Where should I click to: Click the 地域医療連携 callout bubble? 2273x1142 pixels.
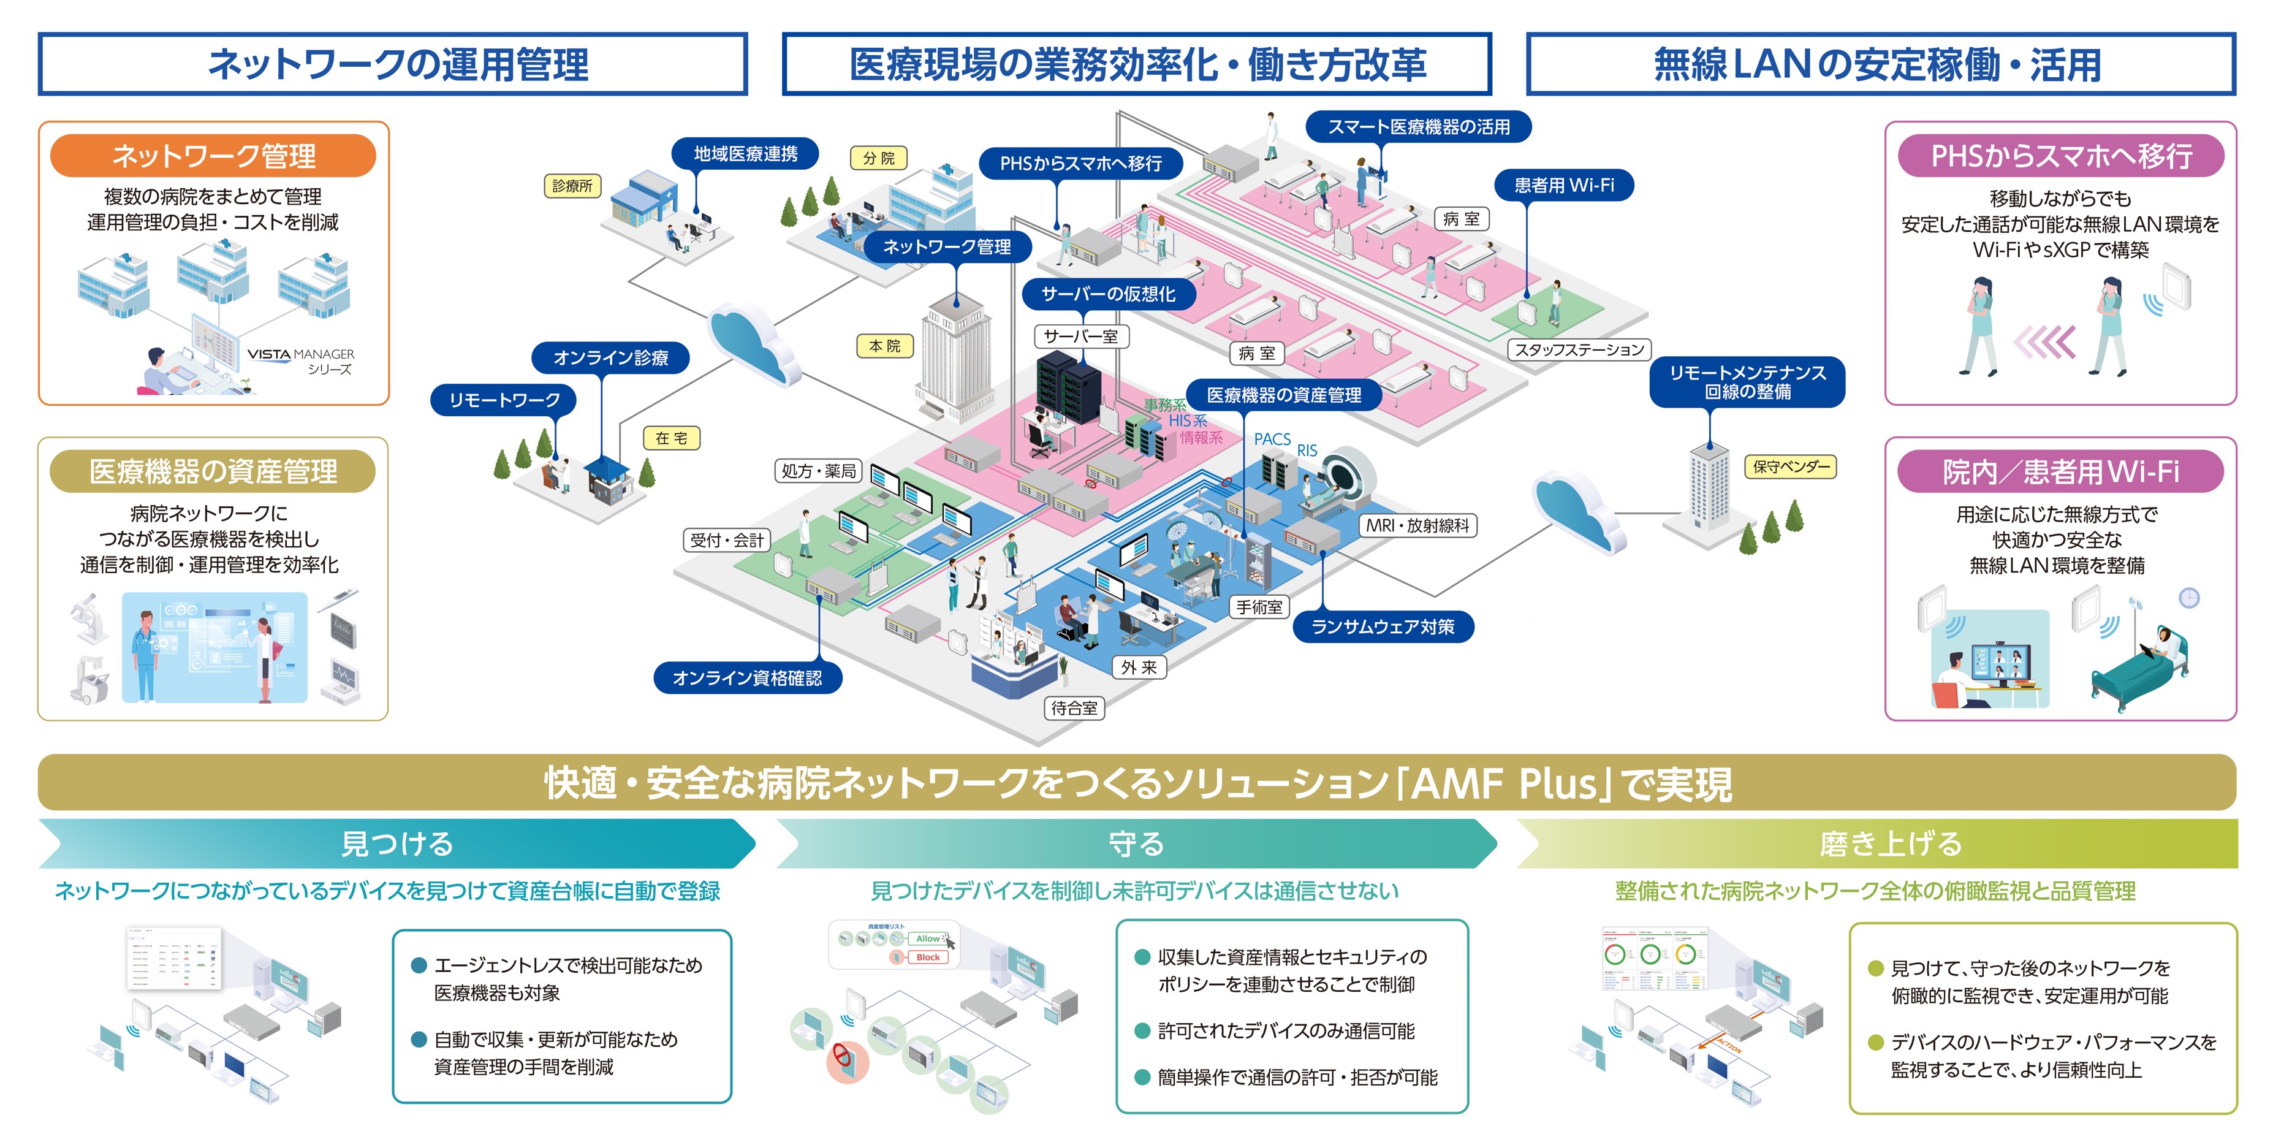click(746, 154)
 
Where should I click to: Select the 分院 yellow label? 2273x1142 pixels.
click(879, 158)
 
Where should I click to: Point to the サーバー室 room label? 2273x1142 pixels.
click(1081, 337)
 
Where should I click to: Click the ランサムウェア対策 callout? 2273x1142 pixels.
click(1383, 626)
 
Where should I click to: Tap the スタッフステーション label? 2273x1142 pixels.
click(1579, 349)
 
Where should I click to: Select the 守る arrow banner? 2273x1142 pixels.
click(1136, 843)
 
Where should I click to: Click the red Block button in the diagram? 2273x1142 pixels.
click(927, 957)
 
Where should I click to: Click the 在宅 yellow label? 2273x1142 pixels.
click(672, 438)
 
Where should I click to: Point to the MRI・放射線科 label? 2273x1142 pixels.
click(1418, 526)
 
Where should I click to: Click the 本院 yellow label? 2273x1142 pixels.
click(884, 346)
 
